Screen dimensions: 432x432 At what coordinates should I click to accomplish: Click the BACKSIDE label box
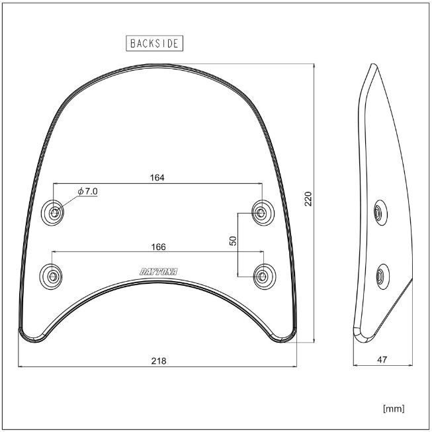154,44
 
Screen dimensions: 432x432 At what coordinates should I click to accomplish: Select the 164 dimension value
157,177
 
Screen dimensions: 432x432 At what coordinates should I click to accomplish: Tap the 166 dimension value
157,246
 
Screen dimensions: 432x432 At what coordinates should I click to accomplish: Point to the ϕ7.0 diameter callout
87,191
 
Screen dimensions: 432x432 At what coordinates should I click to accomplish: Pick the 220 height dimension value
308,199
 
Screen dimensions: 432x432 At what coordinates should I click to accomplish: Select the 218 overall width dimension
157,361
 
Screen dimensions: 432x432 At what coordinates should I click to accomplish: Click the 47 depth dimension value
383,361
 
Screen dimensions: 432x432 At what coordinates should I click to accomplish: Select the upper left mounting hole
54,213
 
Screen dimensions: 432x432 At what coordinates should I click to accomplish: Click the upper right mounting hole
262,213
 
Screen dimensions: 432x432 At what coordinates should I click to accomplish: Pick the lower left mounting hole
53,275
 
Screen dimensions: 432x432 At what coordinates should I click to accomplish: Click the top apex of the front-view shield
157,65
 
